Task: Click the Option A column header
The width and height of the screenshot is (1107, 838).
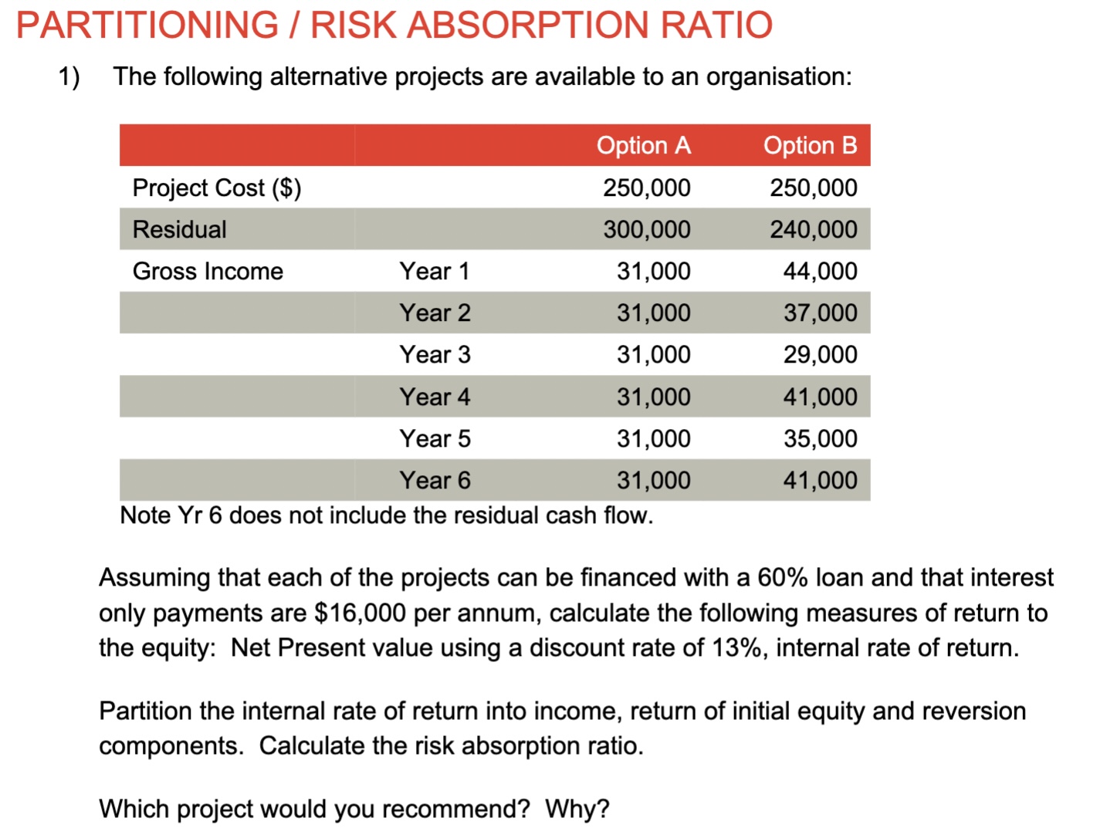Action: pos(643,145)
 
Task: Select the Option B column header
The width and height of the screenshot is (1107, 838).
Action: pos(810,145)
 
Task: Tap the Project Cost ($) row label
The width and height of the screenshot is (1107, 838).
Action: pos(216,188)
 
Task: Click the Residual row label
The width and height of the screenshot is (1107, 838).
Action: pos(179,229)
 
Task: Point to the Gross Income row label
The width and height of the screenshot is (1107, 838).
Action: pos(208,271)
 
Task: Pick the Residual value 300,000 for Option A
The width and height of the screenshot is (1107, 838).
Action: pos(647,229)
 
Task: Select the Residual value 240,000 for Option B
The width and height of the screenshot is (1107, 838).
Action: pos(813,229)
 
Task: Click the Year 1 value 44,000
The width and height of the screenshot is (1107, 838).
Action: pos(820,271)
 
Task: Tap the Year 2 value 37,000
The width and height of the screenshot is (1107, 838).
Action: pos(820,313)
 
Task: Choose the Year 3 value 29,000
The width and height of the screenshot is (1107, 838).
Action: pos(820,355)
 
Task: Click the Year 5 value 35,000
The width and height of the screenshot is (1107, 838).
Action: pos(820,438)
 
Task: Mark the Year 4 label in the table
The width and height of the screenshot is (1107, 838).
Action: pos(435,397)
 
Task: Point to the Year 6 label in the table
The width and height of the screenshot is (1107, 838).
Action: pos(435,480)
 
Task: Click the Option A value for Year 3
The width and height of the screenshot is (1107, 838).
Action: pos(653,355)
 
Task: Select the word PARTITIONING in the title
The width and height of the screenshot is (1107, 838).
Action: pos(147,25)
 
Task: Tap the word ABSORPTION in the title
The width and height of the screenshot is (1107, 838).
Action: pos(527,25)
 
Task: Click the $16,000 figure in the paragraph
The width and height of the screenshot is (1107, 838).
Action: pos(360,613)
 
